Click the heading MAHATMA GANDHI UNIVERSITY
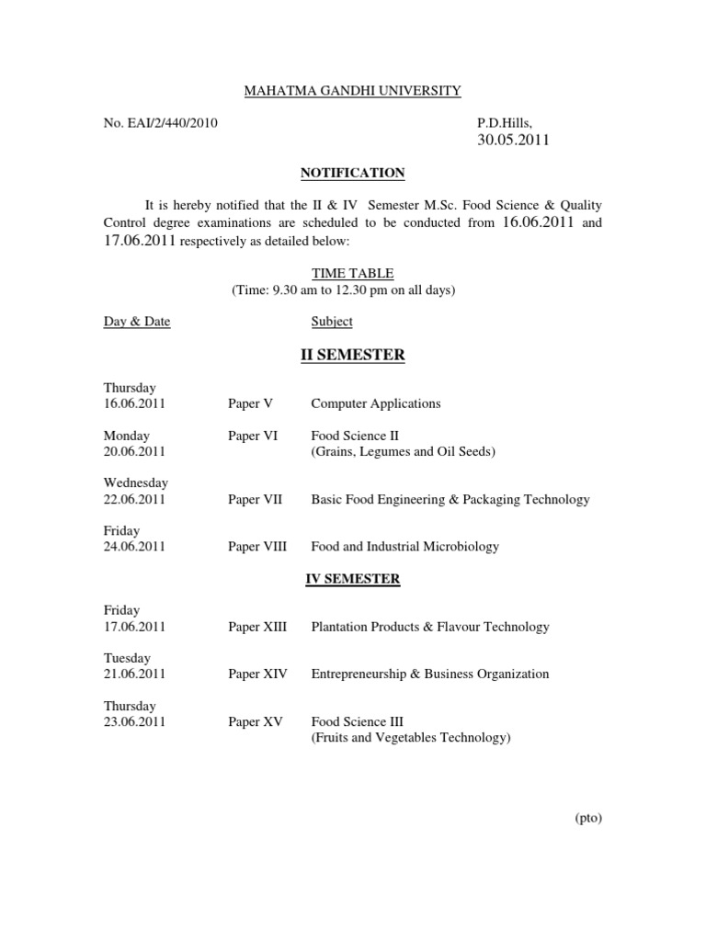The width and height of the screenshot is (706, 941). pyautogui.click(x=352, y=91)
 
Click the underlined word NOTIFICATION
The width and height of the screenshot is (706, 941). pyautogui.click(x=352, y=173)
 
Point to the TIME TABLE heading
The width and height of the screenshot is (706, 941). pyautogui.click(x=352, y=274)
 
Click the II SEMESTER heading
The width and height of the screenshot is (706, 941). pyautogui.click(x=352, y=355)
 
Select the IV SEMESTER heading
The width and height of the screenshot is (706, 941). pyautogui.click(x=352, y=579)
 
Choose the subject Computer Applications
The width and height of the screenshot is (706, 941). pyautogui.click(x=376, y=403)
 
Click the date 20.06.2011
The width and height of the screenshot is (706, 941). pyautogui.click(x=134, y=451)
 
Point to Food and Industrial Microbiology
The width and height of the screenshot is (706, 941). pyautogui.click(x=405, y=547)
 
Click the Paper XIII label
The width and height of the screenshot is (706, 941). pyautogui.click(x=257, y=627)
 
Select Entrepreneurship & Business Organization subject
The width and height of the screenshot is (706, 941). pyautogui.click(x=430, y=675)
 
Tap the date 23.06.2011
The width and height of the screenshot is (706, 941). pyautogui.click(x=134, y=722)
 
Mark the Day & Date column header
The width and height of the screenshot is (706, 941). pyautogui.click(x=137, y=322)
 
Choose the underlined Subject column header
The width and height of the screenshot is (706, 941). pyautogui.click(x=332, y=322)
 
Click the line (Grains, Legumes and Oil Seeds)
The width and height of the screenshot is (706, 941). pyautogui.click(x=404, y=452)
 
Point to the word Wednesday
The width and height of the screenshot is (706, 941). pyautogui.click(x=136, y=482)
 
